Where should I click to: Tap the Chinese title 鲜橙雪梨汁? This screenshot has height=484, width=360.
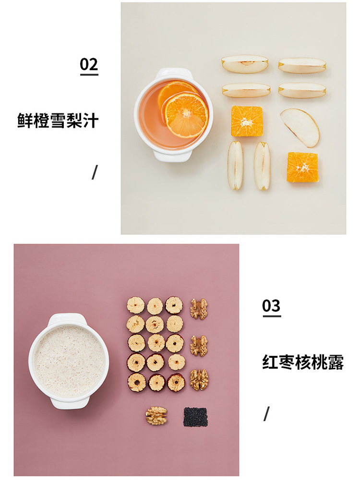point(58,121)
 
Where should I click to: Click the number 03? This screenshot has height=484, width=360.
point(272,306)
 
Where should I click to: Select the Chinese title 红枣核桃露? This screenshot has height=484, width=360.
point(303,363)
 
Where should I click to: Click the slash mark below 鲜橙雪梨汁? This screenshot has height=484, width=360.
point(95,172)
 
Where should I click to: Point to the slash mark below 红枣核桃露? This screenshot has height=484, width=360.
point(267,413)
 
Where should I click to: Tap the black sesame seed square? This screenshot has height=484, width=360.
point(195,417)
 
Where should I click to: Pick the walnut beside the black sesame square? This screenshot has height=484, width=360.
point(156,415)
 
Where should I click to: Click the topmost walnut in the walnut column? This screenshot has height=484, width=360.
point(199,309)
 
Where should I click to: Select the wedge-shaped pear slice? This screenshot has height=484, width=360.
point(300,128)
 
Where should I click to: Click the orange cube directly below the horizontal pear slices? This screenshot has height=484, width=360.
point(247,121)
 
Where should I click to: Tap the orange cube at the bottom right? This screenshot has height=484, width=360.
point(302,167)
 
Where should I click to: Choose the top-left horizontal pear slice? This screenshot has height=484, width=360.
point(245,64)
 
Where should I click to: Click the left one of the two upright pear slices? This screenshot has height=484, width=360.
point(235,165)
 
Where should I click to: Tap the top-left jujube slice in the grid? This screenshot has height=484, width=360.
point(136,305)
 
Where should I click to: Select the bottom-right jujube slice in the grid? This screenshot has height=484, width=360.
point(176,383)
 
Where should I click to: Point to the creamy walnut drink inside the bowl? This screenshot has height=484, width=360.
point(69,361)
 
